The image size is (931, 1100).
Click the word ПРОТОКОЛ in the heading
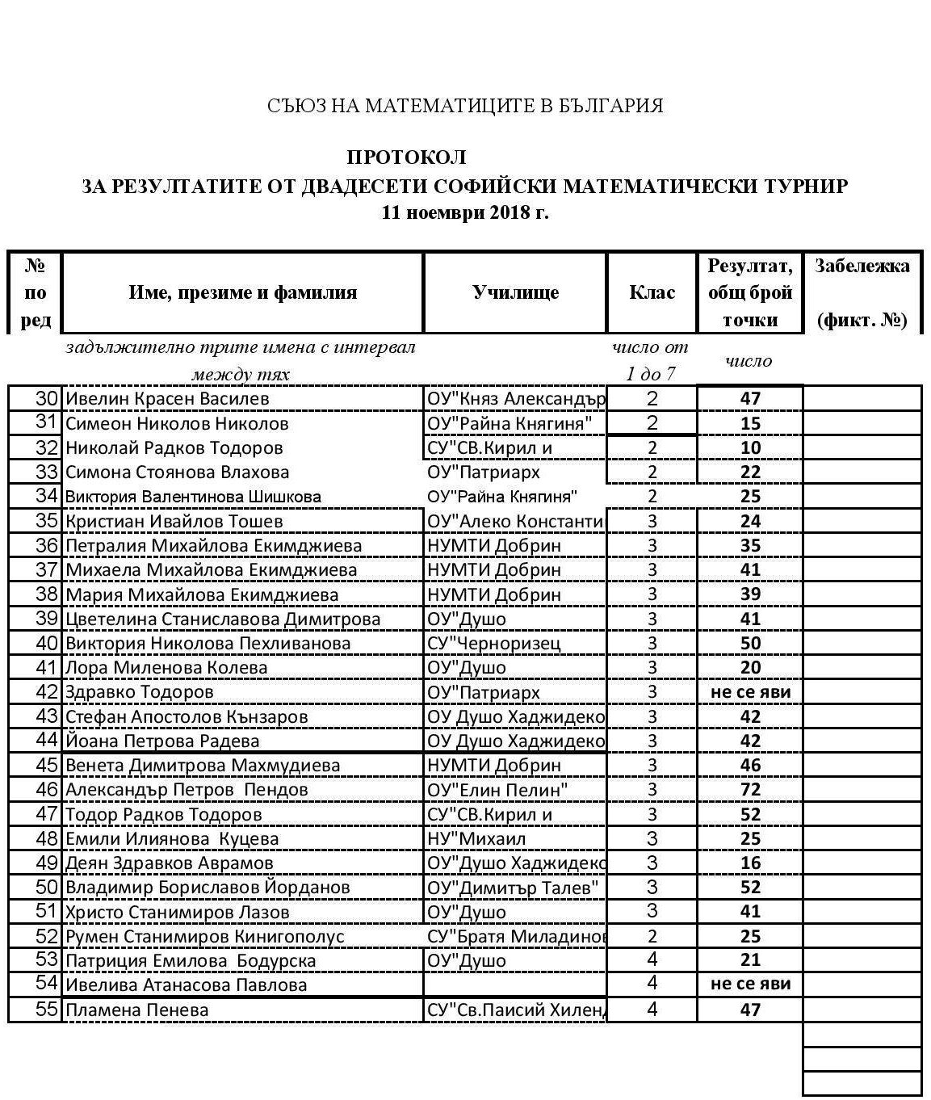click(x=406, y=157)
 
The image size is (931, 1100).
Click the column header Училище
click(x=515, y=292)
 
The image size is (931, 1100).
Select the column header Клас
click(x=652, y=292)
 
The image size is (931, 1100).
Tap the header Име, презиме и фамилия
click(x=242, y=292)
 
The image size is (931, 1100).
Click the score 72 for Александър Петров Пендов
click(x=750, y=790)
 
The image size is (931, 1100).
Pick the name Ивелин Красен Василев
click(x=167, y=399)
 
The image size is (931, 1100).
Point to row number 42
click(x=48, y=692)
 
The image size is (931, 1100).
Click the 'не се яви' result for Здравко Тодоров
click(x=750, y=692)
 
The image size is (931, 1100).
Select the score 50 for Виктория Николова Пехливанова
click(x=750, y=644)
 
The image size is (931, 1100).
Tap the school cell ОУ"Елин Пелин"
click(x=497, y=790)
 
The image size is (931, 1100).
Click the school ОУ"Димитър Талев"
click(x=513, y=888)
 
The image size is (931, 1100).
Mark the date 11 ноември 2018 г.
click(x=465, y=213)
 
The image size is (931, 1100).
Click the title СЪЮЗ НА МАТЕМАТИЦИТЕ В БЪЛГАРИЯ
click(x=465, y=106)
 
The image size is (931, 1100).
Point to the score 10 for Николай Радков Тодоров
click(x=750, y=448)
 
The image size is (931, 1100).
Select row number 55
click(x=48, y=1010)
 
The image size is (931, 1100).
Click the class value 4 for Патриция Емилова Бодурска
click(x=652, y=960)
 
